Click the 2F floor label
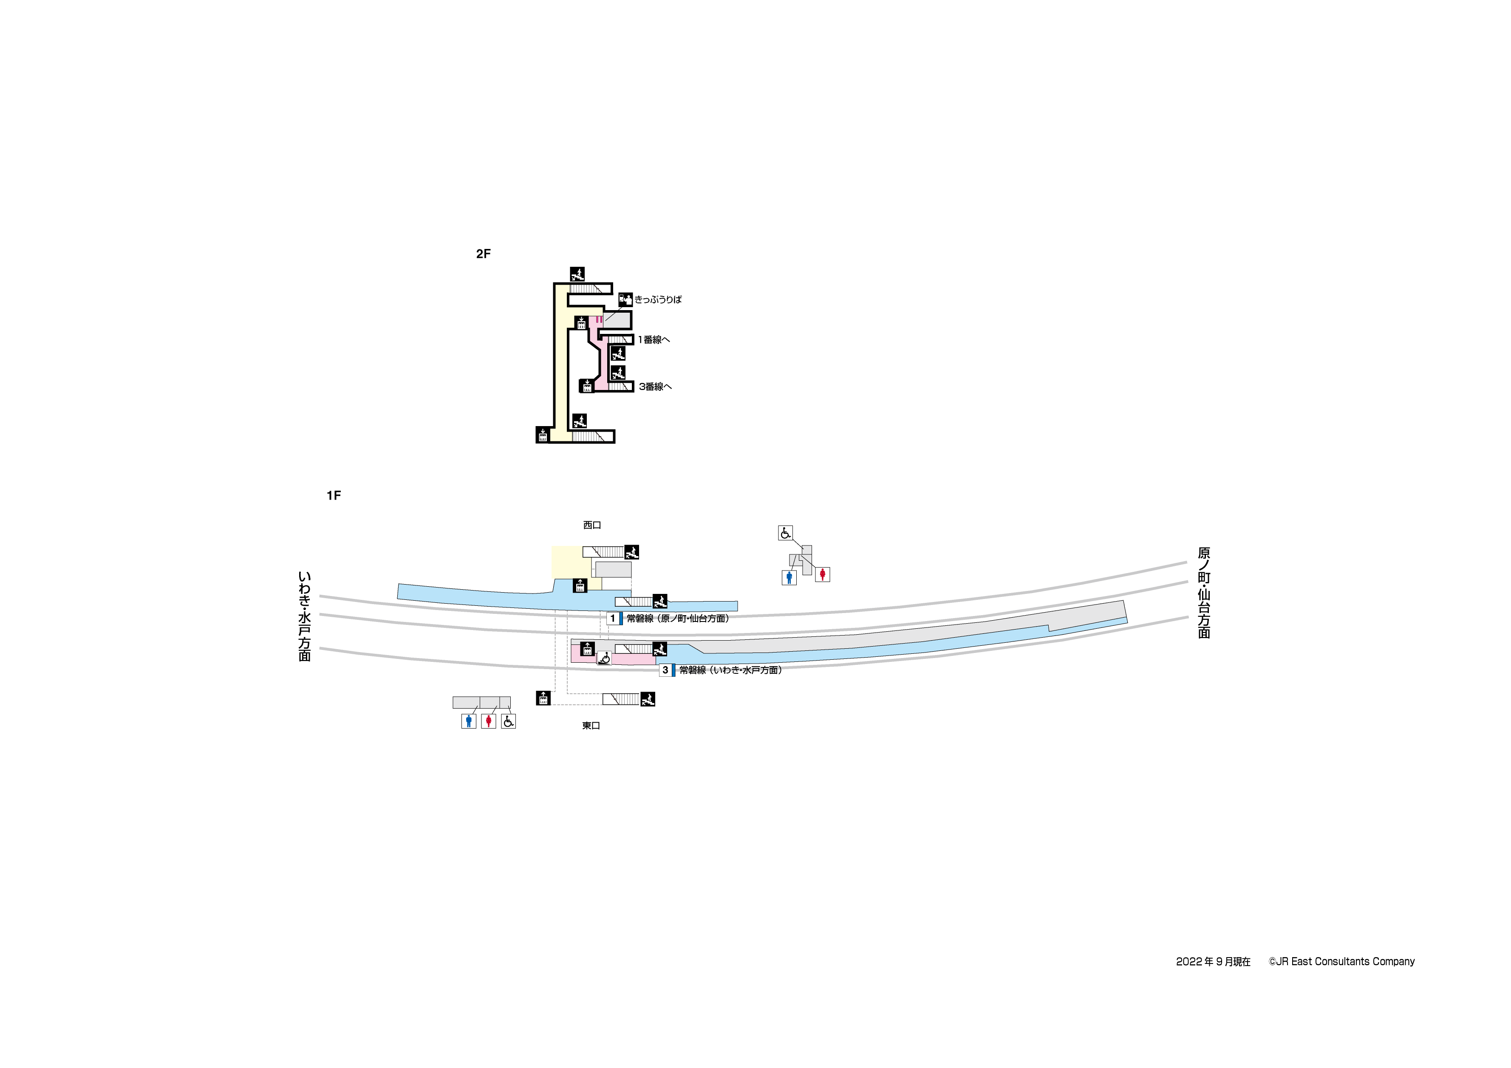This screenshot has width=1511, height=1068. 483,254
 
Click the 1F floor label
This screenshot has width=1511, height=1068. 334,495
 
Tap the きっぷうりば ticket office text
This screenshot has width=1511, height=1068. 658,299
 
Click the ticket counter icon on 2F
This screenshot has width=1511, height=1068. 625,300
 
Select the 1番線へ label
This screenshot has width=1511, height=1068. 654,339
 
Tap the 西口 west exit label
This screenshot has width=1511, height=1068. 592,525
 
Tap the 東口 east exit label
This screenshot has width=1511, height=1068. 591,726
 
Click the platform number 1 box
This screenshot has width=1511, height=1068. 613,619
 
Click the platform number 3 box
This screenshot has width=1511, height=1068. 665,670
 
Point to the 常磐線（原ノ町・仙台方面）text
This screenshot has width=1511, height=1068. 678,619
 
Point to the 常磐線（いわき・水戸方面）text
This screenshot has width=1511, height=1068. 730,670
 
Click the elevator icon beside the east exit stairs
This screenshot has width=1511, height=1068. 543,698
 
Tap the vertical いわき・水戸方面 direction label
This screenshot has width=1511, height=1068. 304,616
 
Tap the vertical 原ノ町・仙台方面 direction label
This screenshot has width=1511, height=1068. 1204,592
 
